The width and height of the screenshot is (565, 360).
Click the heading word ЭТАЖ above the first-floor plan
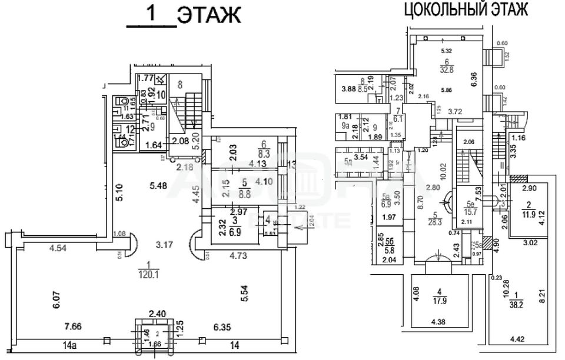[x=209, y=16]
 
